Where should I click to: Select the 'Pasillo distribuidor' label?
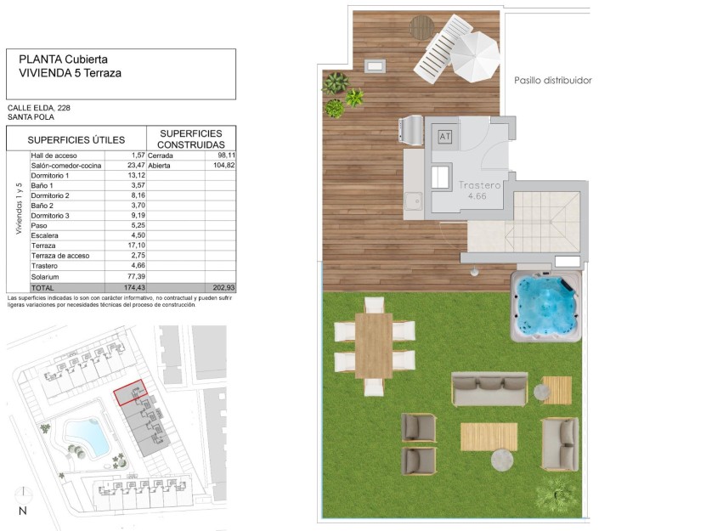click(552, 81)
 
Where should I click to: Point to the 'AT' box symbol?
click(445, 136)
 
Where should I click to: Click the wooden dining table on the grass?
click(374, 346)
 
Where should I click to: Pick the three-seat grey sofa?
click(489, 389)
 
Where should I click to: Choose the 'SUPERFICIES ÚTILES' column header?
click(76, 140)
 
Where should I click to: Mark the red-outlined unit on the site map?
click(130, 393)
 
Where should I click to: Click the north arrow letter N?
click(23, 511)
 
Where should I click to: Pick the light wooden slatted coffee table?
click(489, 437)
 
